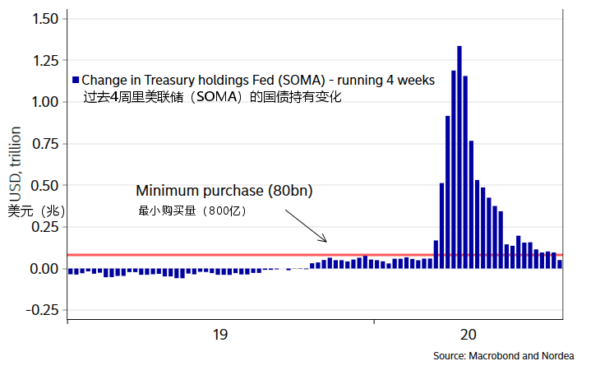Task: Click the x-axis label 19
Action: point(219,335)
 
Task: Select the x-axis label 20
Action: point(468,335)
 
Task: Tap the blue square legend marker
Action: point(76,81)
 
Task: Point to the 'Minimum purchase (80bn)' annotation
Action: point(224,191)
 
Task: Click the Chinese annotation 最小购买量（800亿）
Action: point(192,211)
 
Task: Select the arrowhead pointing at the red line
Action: point(325,240)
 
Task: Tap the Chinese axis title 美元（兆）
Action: point(36,211)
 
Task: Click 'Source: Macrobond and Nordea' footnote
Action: point(503,356)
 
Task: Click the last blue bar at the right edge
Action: point(560,264)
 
